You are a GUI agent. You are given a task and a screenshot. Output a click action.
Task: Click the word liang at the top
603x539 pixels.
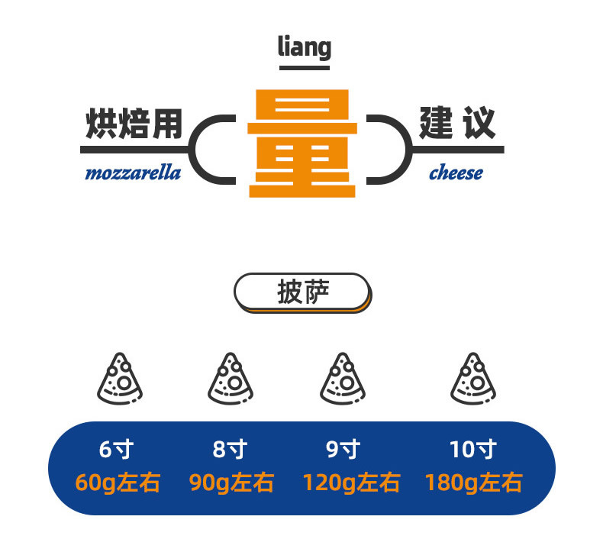point(304,47)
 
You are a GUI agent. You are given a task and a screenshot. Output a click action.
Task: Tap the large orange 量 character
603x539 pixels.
point(302,143)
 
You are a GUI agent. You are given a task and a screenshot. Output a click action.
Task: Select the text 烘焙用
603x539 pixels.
point(134,124)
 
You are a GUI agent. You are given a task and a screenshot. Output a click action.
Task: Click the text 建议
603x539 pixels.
point(456,123)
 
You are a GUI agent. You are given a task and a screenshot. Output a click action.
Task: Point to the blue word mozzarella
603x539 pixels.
point(133,173)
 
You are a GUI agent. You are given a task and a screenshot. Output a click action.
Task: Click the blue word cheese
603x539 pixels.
point(456,173)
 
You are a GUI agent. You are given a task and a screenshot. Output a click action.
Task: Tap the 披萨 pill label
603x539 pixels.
point(301,292)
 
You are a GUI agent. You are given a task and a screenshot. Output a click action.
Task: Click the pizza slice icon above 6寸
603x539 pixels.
point(119,379)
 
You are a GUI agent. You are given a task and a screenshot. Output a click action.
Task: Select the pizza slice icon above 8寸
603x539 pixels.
point(231,379)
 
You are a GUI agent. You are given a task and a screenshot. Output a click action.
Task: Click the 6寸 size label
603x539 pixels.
point(116,450)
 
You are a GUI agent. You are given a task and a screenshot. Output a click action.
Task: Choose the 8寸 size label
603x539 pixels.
point(230,450)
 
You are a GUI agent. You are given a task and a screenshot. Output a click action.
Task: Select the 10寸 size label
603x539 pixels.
point(472,450)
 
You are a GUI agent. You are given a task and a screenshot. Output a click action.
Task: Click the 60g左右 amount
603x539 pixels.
point(118,483)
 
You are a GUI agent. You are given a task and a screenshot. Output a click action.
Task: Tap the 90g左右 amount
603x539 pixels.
point(231,483)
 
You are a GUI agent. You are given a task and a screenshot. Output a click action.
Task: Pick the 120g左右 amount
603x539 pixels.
point(351,483)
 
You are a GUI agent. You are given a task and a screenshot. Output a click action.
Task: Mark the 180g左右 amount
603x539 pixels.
point(473,483)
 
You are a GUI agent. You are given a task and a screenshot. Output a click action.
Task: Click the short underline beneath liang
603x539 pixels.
point(304,69)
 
